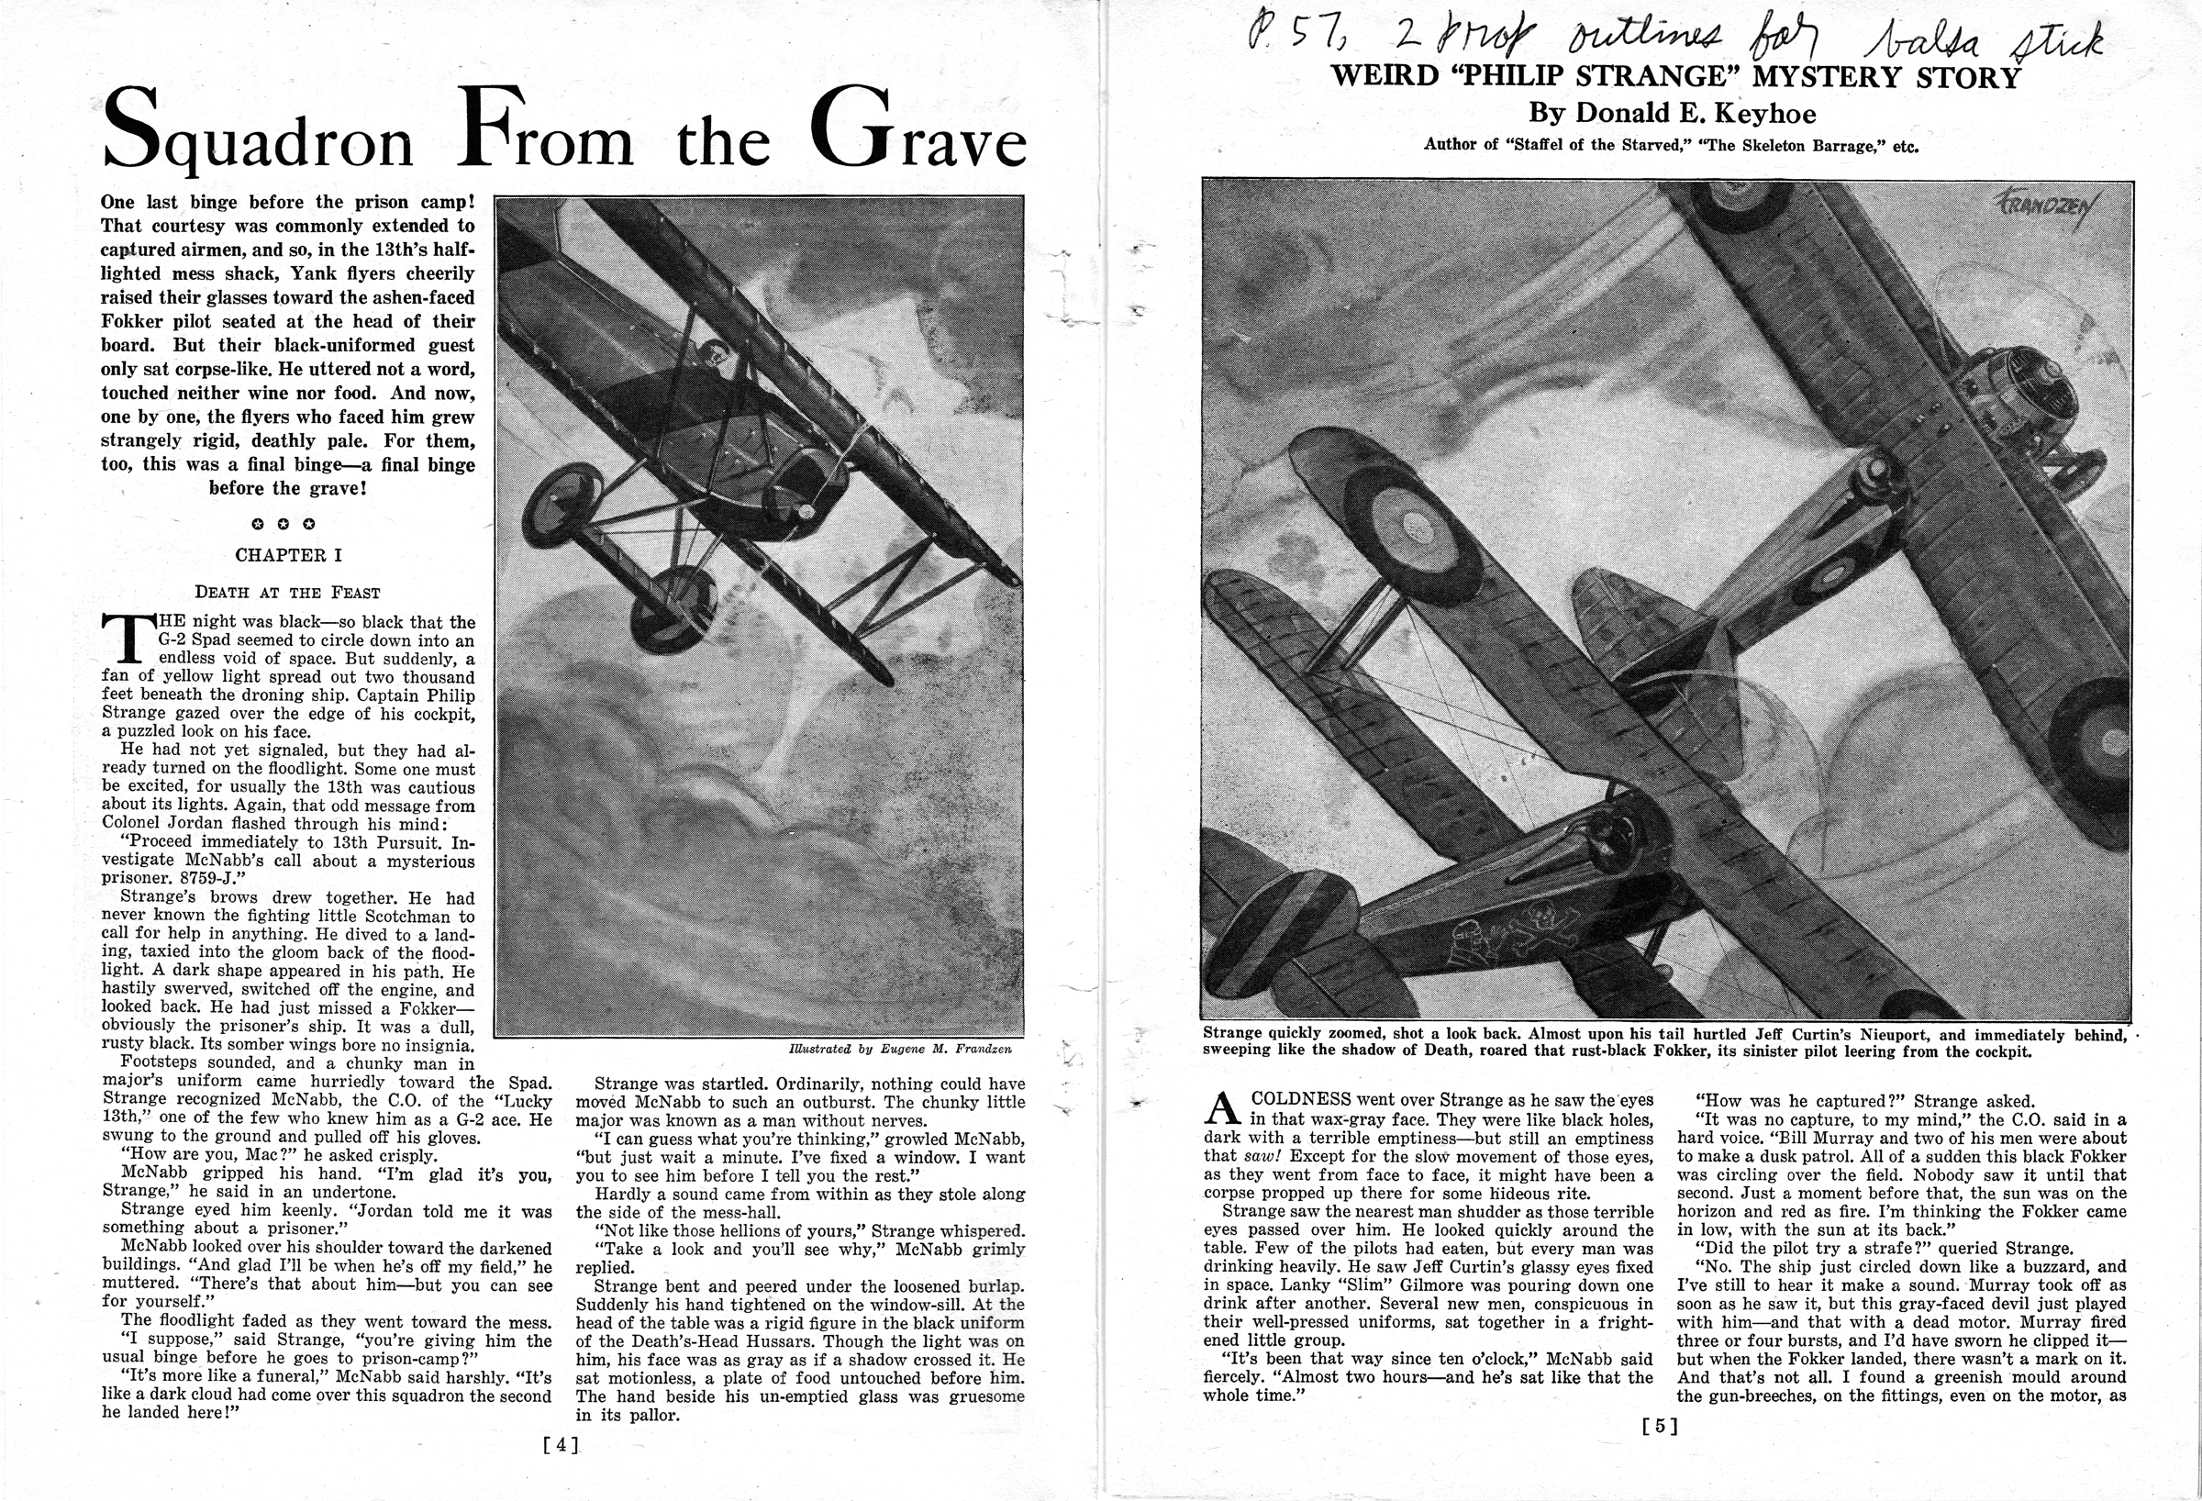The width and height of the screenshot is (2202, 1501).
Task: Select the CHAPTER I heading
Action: (288, 555)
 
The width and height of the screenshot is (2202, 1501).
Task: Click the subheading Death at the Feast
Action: (287, 594)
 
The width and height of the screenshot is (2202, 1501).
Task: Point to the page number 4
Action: (561, 1445)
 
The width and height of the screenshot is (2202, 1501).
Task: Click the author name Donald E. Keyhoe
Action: (1672, 114)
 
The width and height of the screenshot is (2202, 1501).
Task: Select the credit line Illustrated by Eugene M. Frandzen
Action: (899, 1049)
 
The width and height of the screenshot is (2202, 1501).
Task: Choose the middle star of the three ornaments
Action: (283, 523)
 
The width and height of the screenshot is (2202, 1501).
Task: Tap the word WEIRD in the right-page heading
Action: (1383, 76)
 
